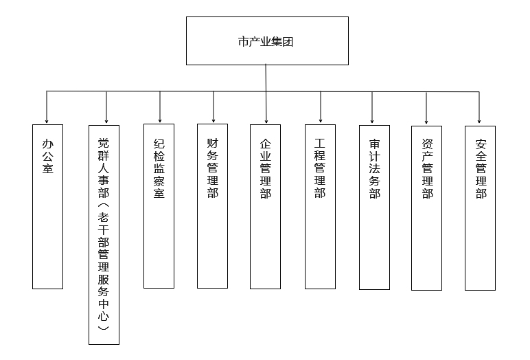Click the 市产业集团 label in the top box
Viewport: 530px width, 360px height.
pos(265,42)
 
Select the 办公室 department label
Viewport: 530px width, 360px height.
pos(47,157)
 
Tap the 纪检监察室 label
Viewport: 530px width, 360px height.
pos(159,168)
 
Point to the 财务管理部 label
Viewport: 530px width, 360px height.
pos(213,168)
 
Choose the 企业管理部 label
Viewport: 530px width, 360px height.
pos(266,168)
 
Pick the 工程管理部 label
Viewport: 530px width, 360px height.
pos(320,168)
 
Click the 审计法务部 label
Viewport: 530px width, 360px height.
pos(375,169)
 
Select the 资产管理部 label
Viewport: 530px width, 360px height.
pos(428,169)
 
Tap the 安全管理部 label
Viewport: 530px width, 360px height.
pos(481,169)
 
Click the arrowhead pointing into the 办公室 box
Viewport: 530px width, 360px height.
pos(47,121)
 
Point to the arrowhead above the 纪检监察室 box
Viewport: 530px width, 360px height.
pos(160,120)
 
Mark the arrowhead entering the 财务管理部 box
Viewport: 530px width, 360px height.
pos(214,120)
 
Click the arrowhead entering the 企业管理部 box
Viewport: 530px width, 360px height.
pos(266,121)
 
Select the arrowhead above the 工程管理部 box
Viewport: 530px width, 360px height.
pos(321,120)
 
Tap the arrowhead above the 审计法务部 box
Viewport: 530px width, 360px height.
pos(372,121)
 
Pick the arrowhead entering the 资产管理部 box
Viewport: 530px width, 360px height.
pos(426,122)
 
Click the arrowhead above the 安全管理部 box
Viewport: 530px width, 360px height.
pos(479,121)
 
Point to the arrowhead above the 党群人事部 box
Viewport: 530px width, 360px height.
pos(106,121)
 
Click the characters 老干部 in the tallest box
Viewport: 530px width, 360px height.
pos(104,230)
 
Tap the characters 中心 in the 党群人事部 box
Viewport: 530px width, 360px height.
pos(104,310)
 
